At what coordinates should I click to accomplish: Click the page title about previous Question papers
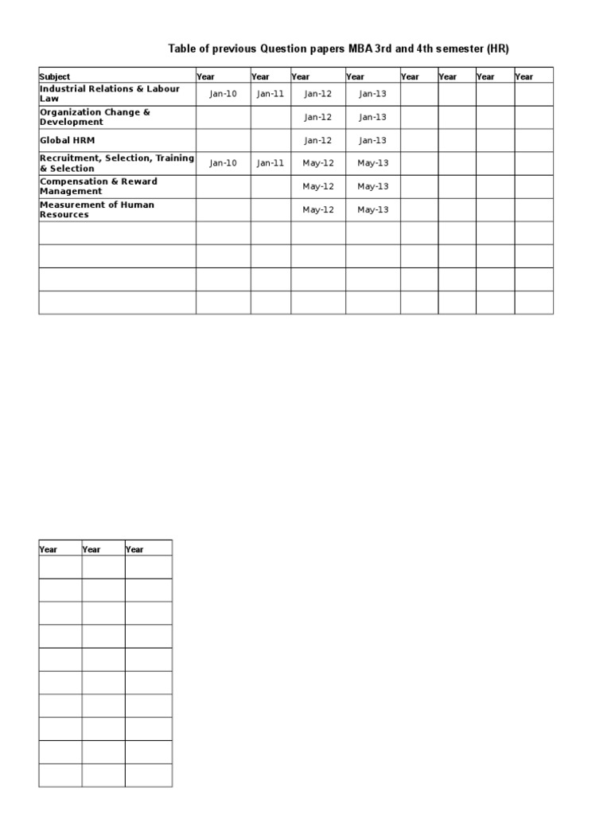pyautogui.click(x=338, y=49)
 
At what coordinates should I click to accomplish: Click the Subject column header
pyautogui.click(x=55, y=77)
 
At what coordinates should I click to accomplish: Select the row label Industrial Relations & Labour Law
pyautogui.click(x=110, y=94)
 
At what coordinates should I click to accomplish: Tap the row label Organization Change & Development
pyautogui.click(x=95, y=117)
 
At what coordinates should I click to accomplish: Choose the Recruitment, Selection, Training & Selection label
pyautogui.click(x=117, y=163)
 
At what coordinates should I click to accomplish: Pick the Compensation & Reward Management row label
pyautogui.click(x=99, y=186)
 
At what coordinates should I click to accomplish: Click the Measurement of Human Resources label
pyautogui.click(x=97, y=209)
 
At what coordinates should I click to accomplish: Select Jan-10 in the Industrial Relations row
pyautogui.click(x=223, y=94)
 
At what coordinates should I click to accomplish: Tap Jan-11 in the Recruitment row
pyautogui.click(x=270, y=163)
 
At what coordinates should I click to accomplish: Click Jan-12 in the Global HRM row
pyautogui.click(x=317, y=140)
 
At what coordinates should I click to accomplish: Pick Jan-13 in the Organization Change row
pyautogui.click(x=372, y=117)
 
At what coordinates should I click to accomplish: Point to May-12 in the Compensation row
pyautogui.click(x=317, y=186)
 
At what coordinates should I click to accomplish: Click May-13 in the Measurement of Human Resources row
pyautogui.click(x=372, y=209)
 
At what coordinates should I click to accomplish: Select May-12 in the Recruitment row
pyautogui.click(x=317, y=163)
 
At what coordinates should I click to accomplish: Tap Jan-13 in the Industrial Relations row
pyautogui.click(x=372, y=94)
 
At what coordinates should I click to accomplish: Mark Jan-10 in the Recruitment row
pyautogui.click(x=223, y=163)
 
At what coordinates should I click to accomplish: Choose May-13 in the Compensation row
pyautogui.click(x=372, y=186)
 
